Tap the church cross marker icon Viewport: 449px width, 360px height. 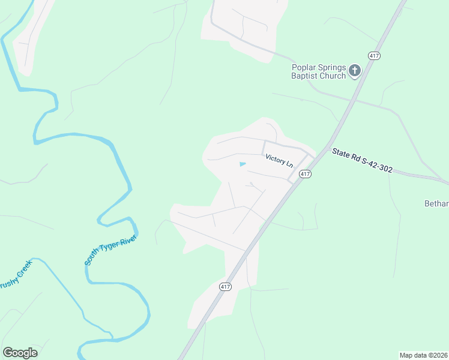click(355, 71)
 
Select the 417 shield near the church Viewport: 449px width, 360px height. click(375, 56)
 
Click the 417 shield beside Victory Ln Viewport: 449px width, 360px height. click(306, 174)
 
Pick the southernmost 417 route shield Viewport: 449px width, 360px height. click(225, 287)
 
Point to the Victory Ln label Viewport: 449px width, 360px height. click(279, 161)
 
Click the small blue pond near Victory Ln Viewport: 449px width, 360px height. click(243, 164)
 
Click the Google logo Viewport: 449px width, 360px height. click(20, 353)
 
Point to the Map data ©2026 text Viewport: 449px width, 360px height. click(423, 355)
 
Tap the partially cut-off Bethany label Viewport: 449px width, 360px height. click(436, 204)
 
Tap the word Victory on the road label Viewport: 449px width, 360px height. click(275, 158)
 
